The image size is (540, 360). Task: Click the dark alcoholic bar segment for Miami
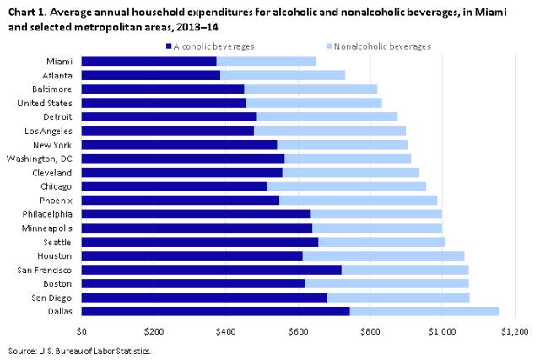tap(149, 61)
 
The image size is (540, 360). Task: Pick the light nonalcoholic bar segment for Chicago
tap(346, 186)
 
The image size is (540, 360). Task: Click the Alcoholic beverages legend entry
tap(212, 46)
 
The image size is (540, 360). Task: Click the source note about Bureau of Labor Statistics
tap(79, 349)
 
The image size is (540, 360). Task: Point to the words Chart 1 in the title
tap(25, 9)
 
